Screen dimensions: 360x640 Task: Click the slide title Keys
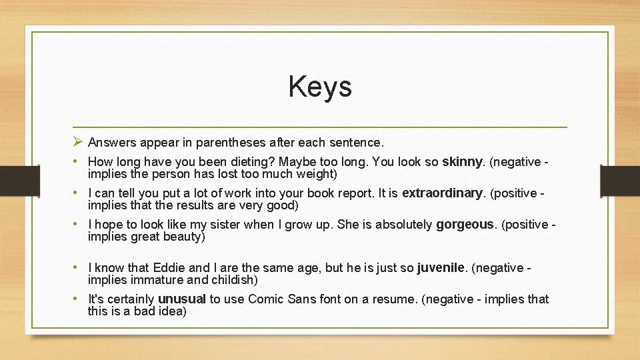point(320,87)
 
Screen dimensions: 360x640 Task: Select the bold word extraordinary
point(442,193)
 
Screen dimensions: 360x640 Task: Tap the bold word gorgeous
point(465,225)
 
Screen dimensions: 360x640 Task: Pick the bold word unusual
point(181,299)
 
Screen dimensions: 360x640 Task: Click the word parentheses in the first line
point(229,143)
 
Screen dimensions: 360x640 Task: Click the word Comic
point(266,299)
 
